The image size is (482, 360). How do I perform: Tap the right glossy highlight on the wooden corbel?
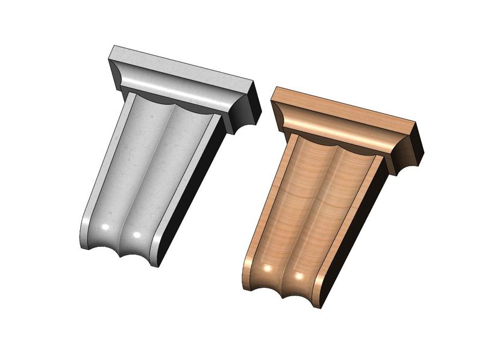click(x=298, y=276)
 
